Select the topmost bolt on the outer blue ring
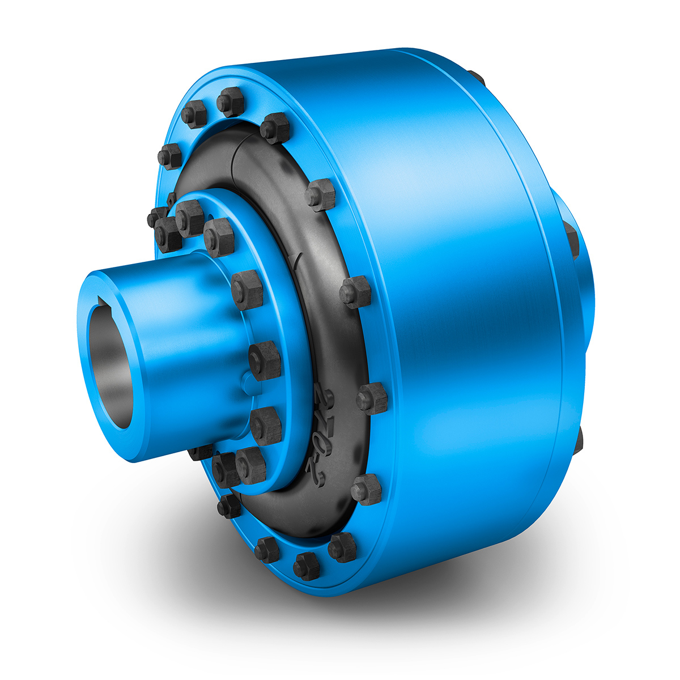pyautogui.click(x=231, y=102)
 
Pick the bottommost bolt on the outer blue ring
pyautogui.click(x=307, y=566)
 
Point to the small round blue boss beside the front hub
pyautogui.click(x=245, y=381)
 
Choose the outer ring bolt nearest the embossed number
pyautogui.click(x=372, y=398)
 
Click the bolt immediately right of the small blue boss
pyautogui.click(x=265, y=360)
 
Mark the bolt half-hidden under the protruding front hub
pyautogui.click(x=201, y=451)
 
